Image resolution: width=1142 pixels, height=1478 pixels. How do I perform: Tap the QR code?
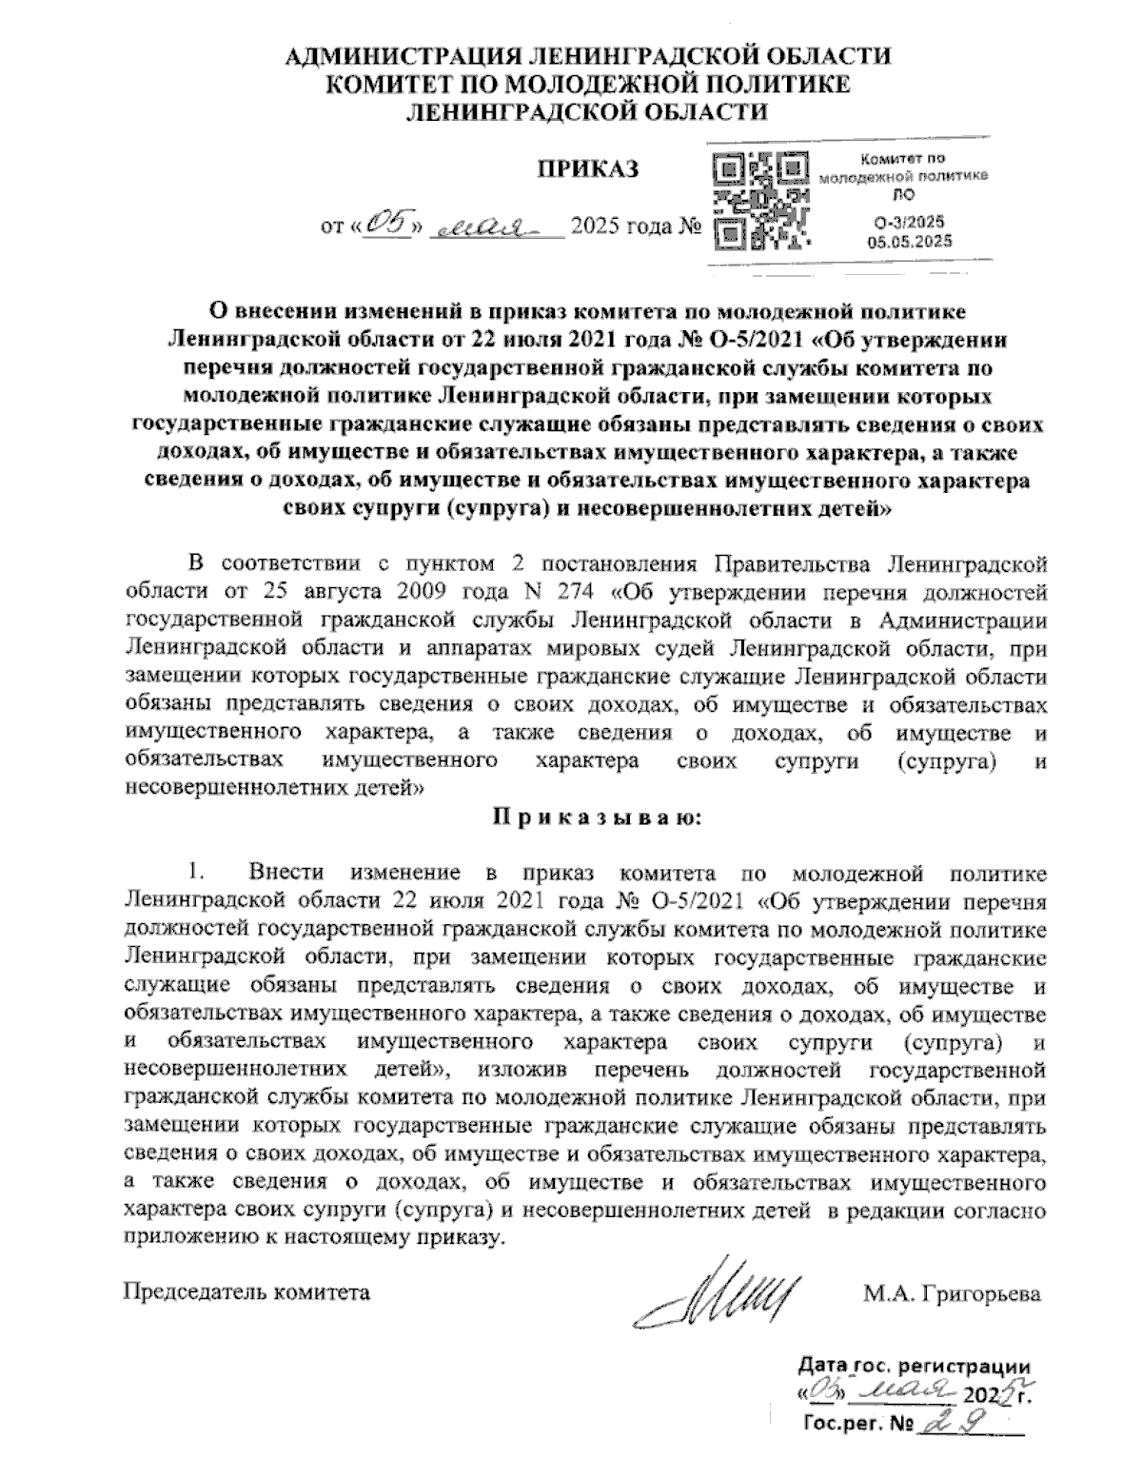[x=761, y=199]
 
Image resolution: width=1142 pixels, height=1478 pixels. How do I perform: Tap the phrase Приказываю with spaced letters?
[x=597, y=818]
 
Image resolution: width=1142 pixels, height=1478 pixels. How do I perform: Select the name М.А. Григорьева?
[x=952, y=1294]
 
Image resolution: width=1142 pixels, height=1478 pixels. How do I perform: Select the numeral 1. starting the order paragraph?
[x=196, y=873]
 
